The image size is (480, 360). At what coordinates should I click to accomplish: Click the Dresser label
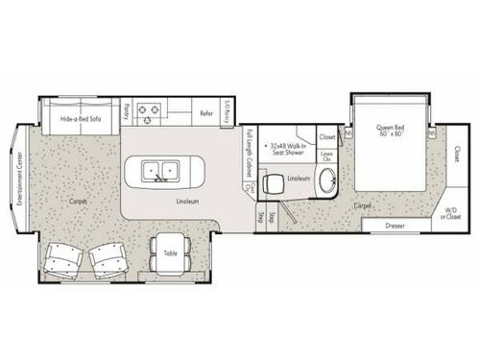[396, 228]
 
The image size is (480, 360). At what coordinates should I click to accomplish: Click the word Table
[170, 254]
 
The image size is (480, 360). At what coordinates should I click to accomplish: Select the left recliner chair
[63, 257]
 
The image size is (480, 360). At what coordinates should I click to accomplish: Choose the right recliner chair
[109, 257]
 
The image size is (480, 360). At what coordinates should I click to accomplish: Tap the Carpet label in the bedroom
[363, 205]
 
